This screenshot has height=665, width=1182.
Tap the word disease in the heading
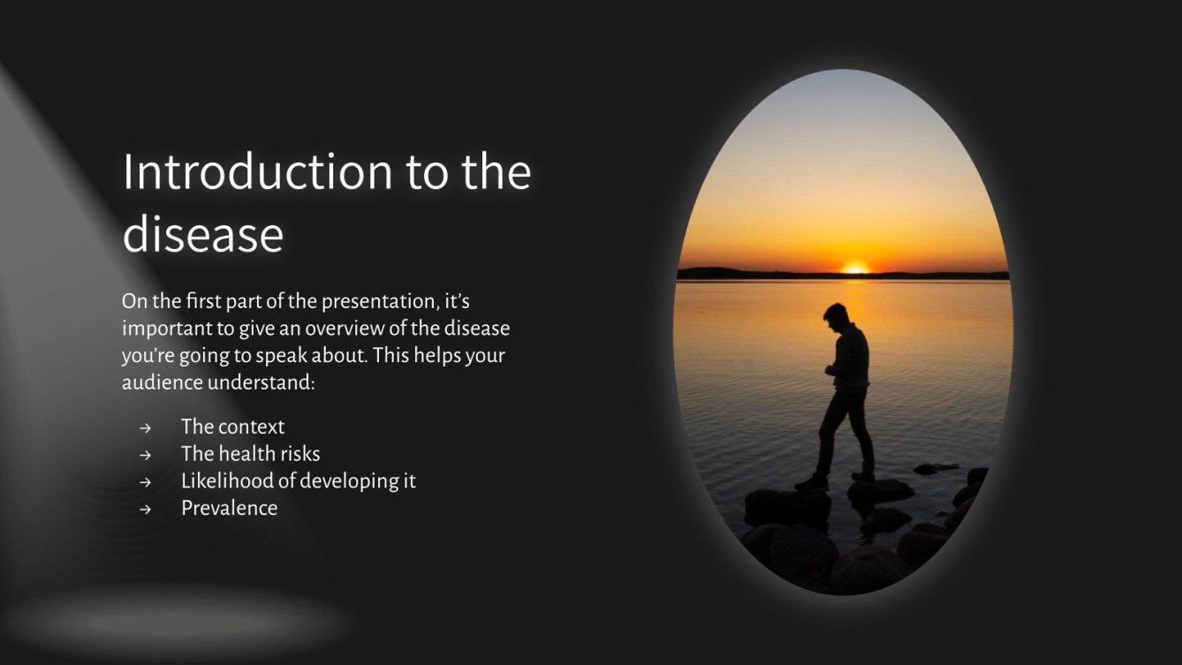[202, 234]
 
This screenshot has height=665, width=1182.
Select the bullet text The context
[232, 427]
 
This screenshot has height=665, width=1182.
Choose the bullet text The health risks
[250, 454]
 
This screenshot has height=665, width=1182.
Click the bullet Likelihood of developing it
[298, 481]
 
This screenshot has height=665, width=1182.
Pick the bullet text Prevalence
[229, 508]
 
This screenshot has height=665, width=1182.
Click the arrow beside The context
[145, 428]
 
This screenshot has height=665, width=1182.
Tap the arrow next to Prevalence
[145, 510]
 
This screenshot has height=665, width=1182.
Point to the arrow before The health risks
[145, 456]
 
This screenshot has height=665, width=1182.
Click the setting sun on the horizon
[854, 267]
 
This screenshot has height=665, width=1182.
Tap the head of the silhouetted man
[835, 314]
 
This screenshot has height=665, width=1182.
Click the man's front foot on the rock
[809, 483]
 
